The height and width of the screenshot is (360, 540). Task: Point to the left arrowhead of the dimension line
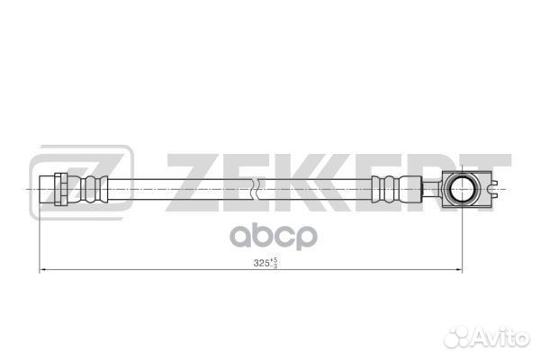point(40,270)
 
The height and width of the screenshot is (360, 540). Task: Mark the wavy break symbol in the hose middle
point(256,190)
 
